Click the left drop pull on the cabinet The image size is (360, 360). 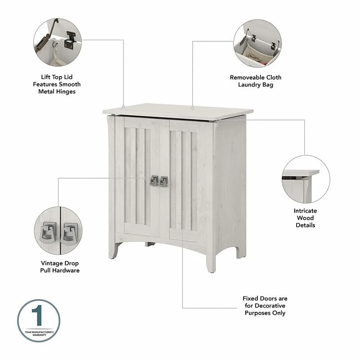(154, 181)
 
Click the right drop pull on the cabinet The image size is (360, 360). (164, 181)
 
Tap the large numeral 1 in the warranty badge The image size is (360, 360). (38, 315)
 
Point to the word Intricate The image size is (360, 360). (305, 211)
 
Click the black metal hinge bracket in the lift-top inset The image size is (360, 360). (70, 41)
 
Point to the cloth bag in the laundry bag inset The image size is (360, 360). (255, 54)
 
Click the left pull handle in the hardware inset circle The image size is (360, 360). (49, 232)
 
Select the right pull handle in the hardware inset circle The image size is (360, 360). (70, 234)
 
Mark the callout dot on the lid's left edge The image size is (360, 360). (123, 107)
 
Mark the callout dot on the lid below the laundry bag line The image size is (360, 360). (193, 108)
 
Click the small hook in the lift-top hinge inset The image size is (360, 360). (54, 44)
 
